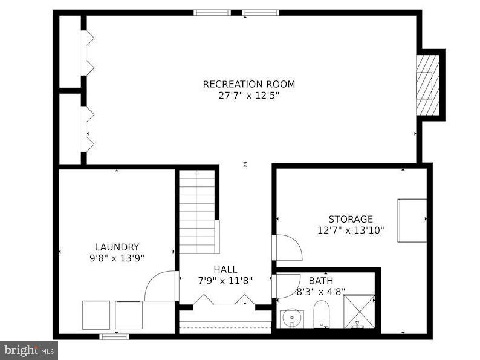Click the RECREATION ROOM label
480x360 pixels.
coord(248,84)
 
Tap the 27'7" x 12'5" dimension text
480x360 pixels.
coord(248,95)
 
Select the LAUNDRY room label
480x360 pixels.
coord(117,247)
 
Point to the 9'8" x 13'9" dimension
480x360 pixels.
coord(117,258)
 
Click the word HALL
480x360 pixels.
coord(225,269)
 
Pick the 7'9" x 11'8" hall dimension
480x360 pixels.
coord(225,280)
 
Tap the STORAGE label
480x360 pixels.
coord(351,219)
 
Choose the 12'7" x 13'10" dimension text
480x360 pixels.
coord(351,230)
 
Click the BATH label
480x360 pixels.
coord(320,281)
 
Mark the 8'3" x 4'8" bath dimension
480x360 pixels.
coord(320,292)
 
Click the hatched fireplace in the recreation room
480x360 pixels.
coord(428,85)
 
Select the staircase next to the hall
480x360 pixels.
coord(197,212)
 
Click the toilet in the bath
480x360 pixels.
coord(321,315)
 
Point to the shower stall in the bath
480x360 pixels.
coord(359,311)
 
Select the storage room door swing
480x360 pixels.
coord(288,248)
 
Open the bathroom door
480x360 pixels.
coord(287,286)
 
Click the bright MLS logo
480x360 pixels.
coord(29,350)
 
